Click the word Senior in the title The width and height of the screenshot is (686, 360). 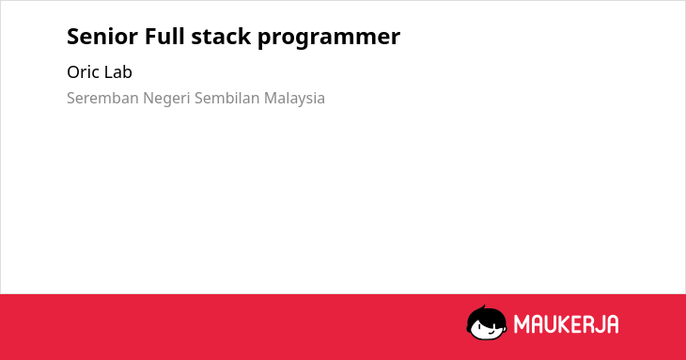tap(102, 37)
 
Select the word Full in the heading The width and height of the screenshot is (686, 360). tap(164, 36)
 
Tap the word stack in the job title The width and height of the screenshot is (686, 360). tap(221, 37)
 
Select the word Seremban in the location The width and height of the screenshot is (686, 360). tap(102, 98)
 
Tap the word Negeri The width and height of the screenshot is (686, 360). tap(166, 99)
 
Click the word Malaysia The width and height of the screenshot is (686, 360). tap(294, 99)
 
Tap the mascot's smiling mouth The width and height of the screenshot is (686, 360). tap(491, 331)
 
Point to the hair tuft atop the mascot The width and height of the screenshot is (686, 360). tap(483, 308)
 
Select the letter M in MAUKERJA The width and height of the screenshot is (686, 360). tap(522, 324)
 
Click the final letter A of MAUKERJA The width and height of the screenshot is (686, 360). tap(612, 324)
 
